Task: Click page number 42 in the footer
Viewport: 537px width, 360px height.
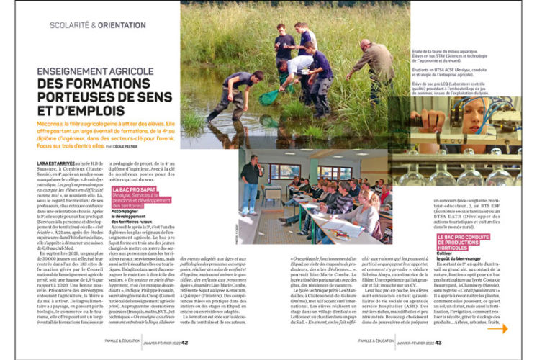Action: (186, 343)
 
